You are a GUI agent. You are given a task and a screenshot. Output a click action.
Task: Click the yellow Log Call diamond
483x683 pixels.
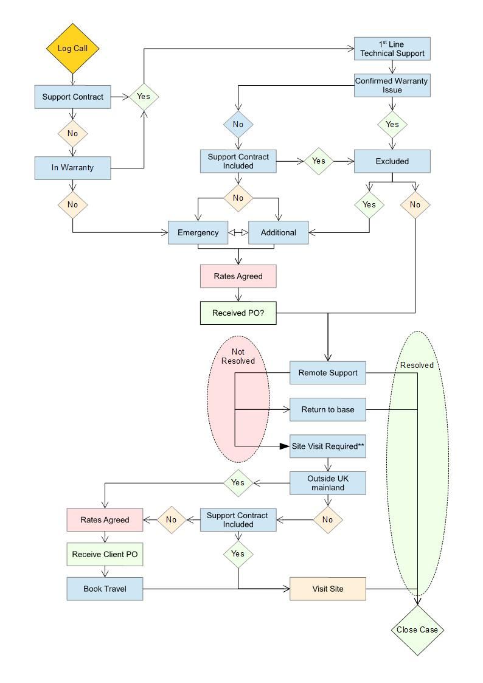73,49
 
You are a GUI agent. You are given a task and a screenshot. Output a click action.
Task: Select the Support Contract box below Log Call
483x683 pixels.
73,97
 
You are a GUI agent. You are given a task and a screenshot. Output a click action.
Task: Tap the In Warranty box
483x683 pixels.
73,167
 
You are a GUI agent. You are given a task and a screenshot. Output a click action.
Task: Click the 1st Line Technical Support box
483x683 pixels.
392,49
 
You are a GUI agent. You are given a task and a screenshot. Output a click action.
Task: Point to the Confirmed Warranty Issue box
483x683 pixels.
392,85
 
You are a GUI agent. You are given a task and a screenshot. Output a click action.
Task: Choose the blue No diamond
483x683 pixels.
238,124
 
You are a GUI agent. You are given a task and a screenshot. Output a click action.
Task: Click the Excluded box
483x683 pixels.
392,161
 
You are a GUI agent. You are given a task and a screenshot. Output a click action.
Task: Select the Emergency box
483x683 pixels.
198,232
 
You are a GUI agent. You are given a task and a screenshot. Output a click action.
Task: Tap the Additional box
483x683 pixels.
278,232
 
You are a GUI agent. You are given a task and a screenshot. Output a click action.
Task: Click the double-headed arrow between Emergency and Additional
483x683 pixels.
238,232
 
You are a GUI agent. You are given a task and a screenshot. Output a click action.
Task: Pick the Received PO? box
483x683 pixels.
238,313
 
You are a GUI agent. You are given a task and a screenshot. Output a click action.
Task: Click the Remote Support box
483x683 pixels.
328,372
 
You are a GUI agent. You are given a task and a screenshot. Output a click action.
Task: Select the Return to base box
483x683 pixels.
328,409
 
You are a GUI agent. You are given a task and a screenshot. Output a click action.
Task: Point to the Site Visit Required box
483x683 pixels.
328,446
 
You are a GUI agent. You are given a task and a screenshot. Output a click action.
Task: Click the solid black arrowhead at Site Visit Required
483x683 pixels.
284,446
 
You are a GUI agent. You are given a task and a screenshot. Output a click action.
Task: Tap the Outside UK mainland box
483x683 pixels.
328,483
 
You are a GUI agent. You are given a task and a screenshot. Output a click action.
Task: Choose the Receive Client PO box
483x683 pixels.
105,554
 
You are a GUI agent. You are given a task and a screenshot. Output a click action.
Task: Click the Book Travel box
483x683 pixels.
105,589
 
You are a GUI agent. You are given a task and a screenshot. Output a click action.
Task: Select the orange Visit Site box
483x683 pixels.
328,589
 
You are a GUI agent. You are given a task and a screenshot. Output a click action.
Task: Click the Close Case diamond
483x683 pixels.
417,629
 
